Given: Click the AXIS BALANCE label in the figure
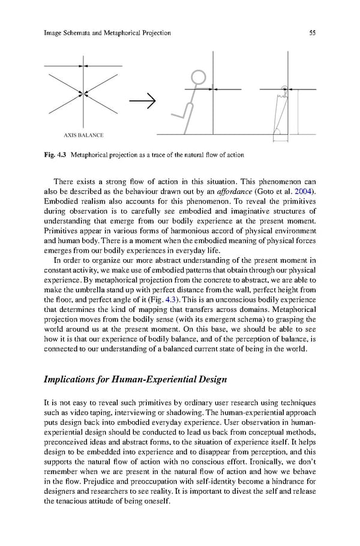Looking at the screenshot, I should (x=83, y=134).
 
